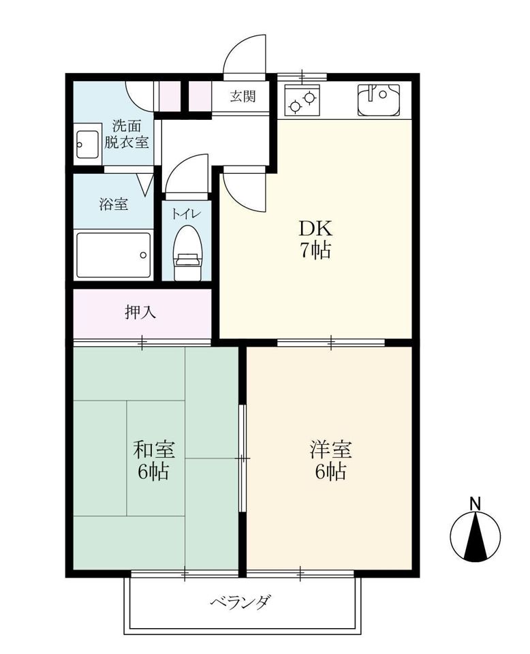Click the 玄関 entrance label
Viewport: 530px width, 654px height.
coord(243,96)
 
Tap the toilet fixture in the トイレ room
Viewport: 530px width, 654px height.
coord(187,253)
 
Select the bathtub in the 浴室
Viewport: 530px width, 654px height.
coord(113,255)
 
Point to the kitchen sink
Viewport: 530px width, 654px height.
coord(378,100)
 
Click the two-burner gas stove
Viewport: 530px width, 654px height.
coord(302,100)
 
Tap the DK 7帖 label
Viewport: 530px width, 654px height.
coord(315,239)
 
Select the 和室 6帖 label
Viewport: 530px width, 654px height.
coord(154,460)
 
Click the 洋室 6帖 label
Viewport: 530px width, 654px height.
coord(330,460)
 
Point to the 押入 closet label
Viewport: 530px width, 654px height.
coord(140,311)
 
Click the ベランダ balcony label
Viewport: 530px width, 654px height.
coord(241,602)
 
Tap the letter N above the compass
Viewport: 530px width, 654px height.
coord(475,503)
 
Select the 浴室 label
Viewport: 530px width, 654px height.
coord(113,204)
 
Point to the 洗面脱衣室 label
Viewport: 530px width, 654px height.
coord(126,134)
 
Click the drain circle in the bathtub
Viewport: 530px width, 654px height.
coord(143,255)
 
